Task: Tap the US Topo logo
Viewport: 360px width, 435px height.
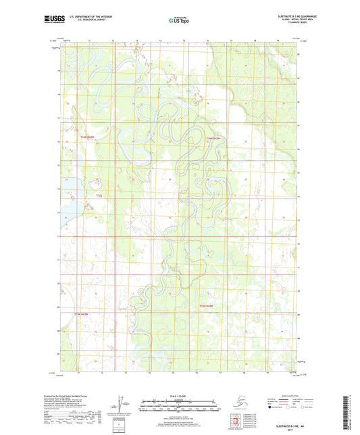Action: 179,21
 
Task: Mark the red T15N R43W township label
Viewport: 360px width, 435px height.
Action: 81,315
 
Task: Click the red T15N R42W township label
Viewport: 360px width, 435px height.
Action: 210,307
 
